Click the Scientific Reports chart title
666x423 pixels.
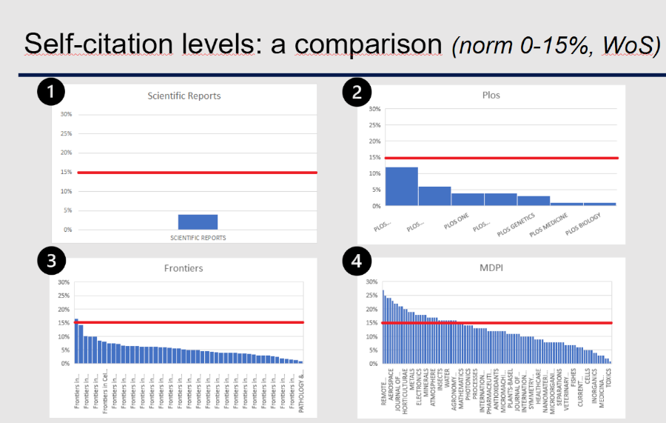point(184,96)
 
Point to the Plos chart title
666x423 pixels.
point(492,95)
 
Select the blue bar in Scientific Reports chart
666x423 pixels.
point(198,222)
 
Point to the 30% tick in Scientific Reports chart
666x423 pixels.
point(66,115)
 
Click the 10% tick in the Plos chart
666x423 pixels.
point(374,173)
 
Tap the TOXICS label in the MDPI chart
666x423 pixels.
point(608,388)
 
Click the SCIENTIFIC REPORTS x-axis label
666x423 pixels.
point(198,238)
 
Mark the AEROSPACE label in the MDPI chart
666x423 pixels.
point(391,387)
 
